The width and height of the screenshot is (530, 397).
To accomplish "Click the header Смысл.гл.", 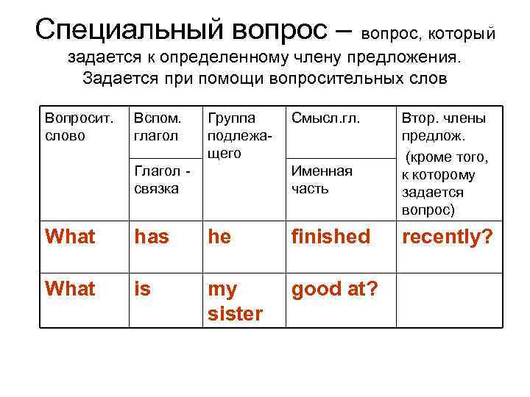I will coord(325,118).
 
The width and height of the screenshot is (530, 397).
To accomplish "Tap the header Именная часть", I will coord(322,180).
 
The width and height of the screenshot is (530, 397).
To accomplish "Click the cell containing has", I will coord(151,237).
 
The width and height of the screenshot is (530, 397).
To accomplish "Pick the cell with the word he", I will coord(219,237).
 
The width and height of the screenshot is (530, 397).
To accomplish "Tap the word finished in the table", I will coord(331,237).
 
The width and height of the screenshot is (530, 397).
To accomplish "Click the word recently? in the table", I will coord(446,237).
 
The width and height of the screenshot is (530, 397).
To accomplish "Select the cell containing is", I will coord(143,289).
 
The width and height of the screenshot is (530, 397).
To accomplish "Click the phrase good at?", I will coord(335,289).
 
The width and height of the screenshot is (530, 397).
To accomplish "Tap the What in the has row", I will coord(70,237).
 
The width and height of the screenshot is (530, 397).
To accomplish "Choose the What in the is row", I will coord(70,289).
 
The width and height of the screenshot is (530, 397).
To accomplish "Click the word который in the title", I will coord(462,34).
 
